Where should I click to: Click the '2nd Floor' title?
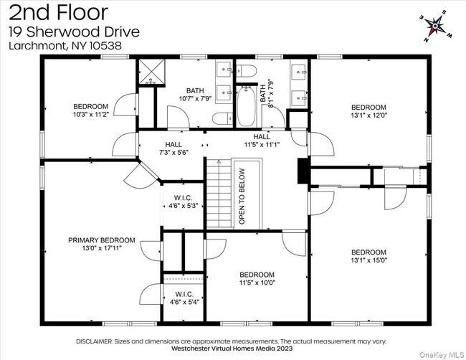click(x=59, y=12)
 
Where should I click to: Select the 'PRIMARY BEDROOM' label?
click(x=101, y=240)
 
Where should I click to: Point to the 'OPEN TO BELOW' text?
click(x=242, y=197)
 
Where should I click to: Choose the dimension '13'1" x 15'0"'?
click(x=368, y=260)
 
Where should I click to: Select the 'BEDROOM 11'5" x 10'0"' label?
click(x=257, y=279)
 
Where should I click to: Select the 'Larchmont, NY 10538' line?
click(x=65, y=45)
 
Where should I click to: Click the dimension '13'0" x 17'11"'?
click(x=101, y=249)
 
